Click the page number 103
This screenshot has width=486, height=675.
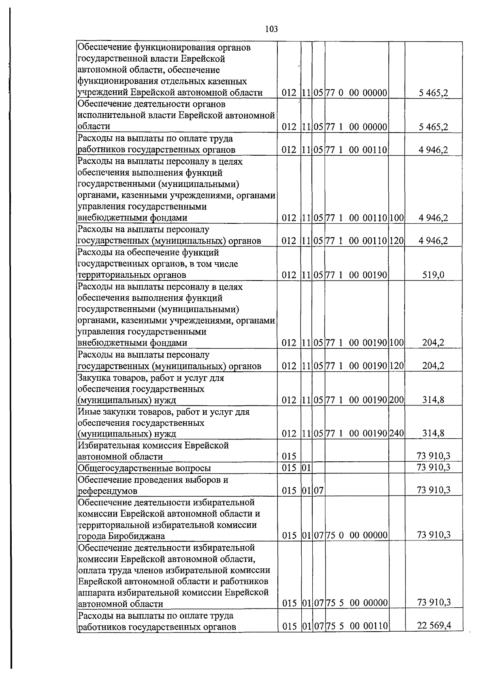click(271, 29)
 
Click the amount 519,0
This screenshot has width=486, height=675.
click(433, 275)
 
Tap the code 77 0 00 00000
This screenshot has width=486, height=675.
click(357, 93)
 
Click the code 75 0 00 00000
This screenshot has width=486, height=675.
click(357, 536)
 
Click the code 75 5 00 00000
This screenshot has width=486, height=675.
click(357, 603)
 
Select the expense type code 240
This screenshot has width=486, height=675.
click(397, 434)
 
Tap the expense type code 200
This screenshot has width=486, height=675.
click(397, 400)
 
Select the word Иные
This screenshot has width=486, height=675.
click(88, 412)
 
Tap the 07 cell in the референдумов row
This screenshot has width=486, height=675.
click(318, 491)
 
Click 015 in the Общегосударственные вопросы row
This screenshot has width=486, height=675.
click(289, 468)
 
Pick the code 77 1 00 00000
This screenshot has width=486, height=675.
click(357, 127)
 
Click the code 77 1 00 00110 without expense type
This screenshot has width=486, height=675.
click(357, 150)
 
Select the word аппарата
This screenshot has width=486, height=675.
click(95, 592)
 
